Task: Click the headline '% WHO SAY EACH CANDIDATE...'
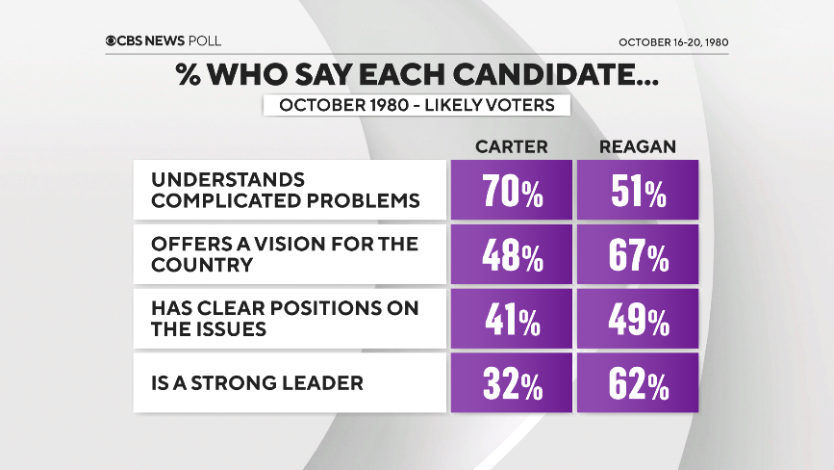click(x=417, y=74)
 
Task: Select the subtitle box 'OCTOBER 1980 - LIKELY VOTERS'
click(x=417, y=105)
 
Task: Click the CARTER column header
click(x=511, y=146)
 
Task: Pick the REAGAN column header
click(x=637, y=146)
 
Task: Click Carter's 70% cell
click(x=511, y=191)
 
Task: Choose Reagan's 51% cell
click(x=638, y=191)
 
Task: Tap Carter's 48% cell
click(x=511, y=254)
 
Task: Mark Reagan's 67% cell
click(x=638, y=254)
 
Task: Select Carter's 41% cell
click(x=511, y=319)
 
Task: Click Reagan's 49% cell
click(x=638, y=319)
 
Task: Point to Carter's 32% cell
click(x=511, y=383)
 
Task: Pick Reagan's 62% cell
click(x=638, y=383)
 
